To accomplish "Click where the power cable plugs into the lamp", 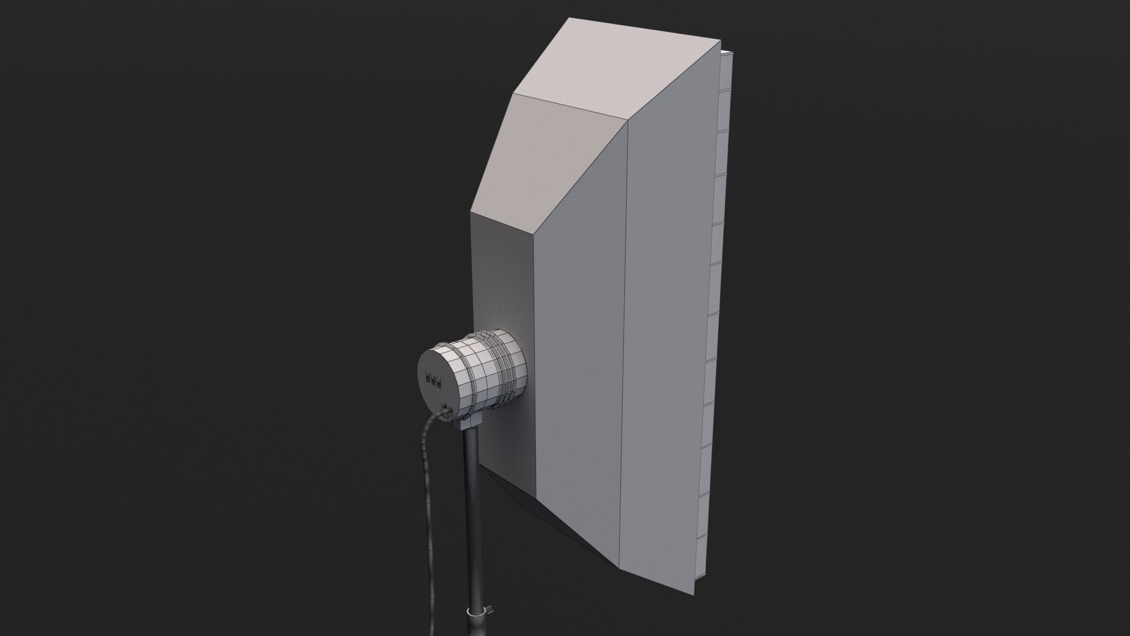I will pyautogui.click(x=445, y=409).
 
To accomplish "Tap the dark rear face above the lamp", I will pyautogui.click(x=502, y=268).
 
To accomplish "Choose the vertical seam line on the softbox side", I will pyautogui.click(x=628, y=343).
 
